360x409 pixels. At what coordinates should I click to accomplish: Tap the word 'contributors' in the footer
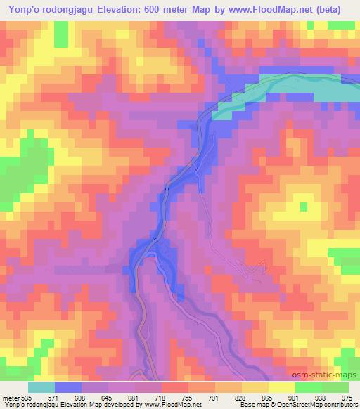tap(338, 405)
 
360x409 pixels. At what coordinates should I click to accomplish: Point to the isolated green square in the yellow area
tap(304, 206)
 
